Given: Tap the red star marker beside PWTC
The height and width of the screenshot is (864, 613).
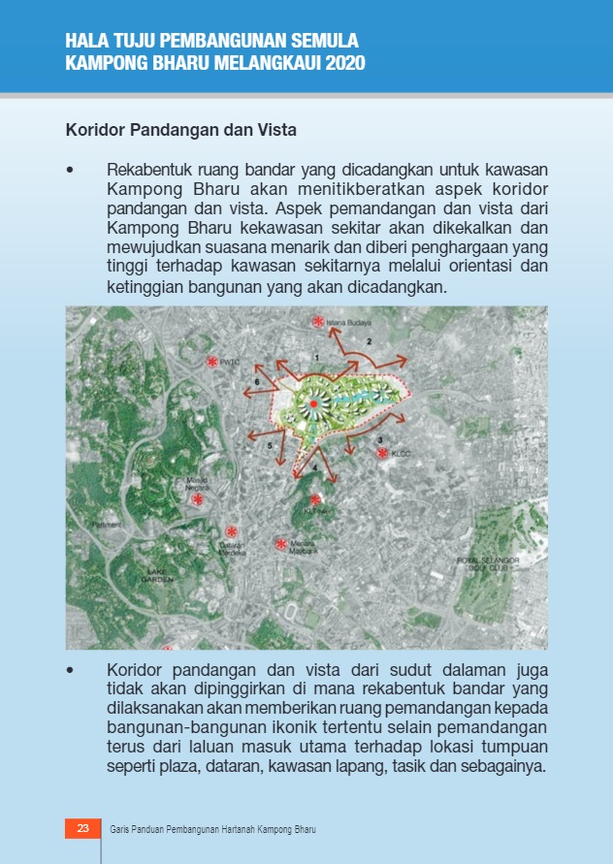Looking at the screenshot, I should pos(212,362).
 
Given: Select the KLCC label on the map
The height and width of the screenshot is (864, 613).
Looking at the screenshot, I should pos(402,453).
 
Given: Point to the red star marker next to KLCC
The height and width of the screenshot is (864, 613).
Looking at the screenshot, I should pos(383,453).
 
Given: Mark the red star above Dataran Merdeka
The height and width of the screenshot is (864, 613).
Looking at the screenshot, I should pos(231,531).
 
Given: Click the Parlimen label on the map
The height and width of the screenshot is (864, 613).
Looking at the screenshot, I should pos(107,525).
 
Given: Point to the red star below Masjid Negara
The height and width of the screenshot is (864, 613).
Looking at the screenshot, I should pos(198,499).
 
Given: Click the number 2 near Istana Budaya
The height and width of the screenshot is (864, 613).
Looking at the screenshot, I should pos(369,341).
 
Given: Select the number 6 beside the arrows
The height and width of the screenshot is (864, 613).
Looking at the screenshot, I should pos(256,383).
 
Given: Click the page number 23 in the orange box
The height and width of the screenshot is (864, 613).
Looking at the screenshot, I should pos(82,828).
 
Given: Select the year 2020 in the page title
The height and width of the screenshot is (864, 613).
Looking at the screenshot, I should pos(345,64).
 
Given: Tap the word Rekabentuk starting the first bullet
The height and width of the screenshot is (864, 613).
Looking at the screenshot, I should pos(145,169).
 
